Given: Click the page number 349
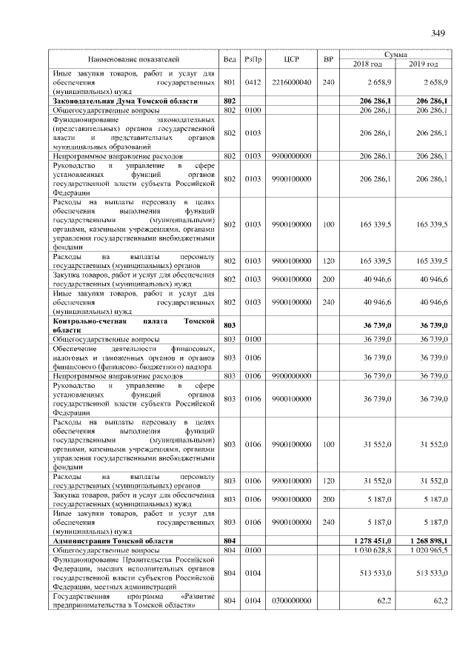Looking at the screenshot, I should click(x=438, y=33).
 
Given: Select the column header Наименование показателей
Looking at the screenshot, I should click(x=133, y=58).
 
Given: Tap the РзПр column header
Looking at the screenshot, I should click(x=253, y=58).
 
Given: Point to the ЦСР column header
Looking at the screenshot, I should click(x=291, y=58).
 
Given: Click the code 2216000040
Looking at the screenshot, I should click(x=291, y=82).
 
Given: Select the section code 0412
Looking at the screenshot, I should click(x=253, y=82).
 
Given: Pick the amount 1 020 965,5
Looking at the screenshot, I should click(x=428, y=551).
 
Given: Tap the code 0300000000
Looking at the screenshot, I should click(x=291, y=600).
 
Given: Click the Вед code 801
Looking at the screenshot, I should click(x=229, y=82).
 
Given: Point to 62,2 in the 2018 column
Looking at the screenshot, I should click(x=384, y=600).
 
